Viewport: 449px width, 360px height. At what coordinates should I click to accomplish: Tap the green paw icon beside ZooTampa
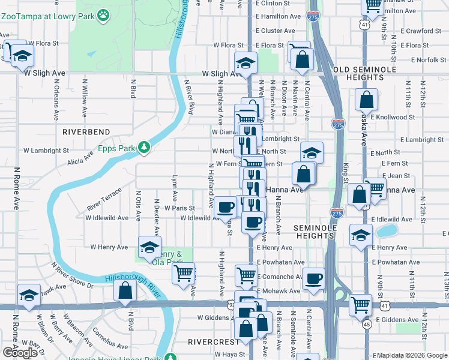click(x=104, y=13)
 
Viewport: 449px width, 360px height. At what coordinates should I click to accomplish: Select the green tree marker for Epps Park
click(x=143, y=146)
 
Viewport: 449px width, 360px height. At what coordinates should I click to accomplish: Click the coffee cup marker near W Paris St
click(x=226, y=207)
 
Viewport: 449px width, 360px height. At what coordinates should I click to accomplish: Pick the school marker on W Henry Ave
click(x=149, y=247)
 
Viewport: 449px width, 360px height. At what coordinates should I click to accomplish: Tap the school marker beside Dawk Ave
click(x=29, y=295)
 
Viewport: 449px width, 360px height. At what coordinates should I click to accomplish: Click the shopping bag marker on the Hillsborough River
click(x=126, y=290)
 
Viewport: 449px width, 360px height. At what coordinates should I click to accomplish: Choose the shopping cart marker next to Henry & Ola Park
click(x=183, y=273)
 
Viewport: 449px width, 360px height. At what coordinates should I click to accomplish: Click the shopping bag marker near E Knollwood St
click(x=366, y=99)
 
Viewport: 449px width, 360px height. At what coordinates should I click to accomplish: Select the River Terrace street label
click(x=104, y=198)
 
